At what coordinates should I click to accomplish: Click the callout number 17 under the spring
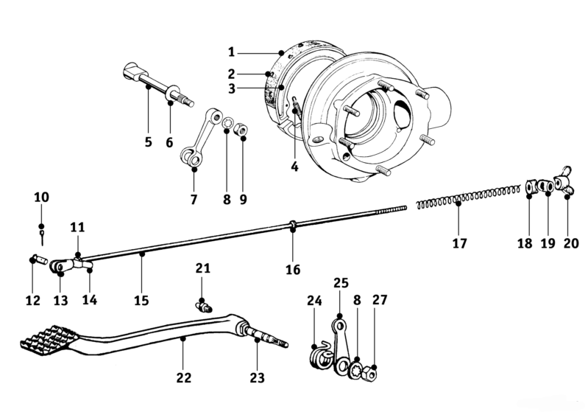459,243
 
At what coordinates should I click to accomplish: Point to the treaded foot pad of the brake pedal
48,343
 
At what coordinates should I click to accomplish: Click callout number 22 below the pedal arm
184,377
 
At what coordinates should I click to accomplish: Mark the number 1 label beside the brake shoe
231,52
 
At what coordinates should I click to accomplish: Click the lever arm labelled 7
202,138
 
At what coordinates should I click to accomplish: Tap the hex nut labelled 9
241,131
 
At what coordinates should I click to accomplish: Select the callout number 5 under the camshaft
149,142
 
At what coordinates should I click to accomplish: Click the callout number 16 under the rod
293,269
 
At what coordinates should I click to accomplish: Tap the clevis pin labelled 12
38,259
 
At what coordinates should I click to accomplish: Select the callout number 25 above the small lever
341,283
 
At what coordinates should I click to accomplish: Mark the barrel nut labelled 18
530,187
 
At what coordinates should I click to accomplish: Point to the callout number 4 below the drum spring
295,167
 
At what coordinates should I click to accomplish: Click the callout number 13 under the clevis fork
61,301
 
